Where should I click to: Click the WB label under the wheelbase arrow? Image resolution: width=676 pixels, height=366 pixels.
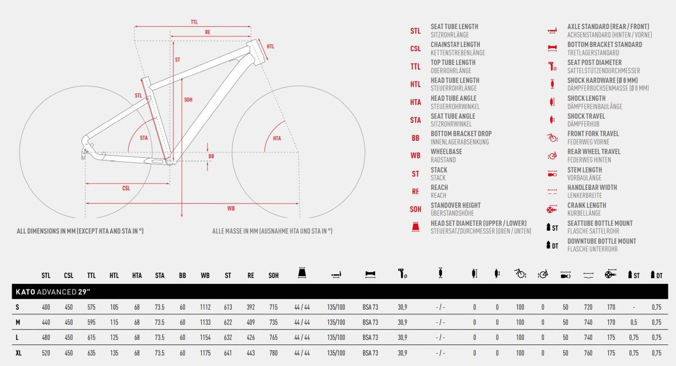click(x=231, y=208)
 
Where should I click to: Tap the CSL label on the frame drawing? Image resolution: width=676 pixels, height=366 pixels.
click(x=126, y=188)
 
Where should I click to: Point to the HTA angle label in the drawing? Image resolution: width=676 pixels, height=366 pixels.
click(x=277, y=138)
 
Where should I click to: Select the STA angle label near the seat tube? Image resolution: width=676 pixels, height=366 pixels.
click(x=143, y=138)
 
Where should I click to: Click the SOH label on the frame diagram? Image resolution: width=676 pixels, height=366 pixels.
click(x=188, y=100)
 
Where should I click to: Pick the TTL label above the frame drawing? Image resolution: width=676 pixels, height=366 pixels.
click(x=194, y=22)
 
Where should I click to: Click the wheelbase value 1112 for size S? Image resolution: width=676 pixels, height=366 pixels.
click(x=205, y=307)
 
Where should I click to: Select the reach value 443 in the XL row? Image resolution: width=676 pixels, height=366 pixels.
click(x=251, y=353)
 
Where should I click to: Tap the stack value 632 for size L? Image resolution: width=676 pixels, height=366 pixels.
click(x=228, y=337)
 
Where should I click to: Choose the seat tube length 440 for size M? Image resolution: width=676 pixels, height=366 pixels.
click(x=46, y=322)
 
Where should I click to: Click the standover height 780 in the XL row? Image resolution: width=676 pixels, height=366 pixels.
click(x=274, y=353)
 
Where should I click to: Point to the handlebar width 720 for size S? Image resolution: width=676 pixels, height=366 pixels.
click(x=588, y=307)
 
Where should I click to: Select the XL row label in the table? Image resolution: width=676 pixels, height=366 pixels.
click(x=18, y=353)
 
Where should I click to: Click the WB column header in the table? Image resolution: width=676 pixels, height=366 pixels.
click(x=205, y=276)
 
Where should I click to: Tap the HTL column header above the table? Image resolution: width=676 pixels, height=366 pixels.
click(x=114, y=276)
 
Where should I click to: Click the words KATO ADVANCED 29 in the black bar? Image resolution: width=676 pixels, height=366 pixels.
click(x=53, y=292)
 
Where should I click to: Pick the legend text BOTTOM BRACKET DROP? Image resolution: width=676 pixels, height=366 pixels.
click(x=461, y=134)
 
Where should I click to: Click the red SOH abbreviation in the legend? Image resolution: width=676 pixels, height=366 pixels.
click(x=415, y=209)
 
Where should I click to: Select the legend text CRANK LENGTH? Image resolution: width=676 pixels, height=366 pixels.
click(x=587, y=205)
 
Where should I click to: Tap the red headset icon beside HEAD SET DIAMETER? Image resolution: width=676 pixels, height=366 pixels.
click(x=415, y=227)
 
